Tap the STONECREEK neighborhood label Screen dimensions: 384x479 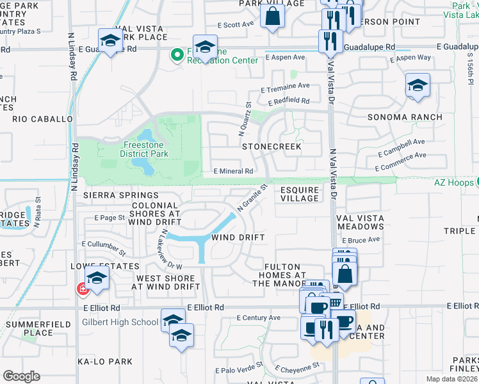click(272, 147)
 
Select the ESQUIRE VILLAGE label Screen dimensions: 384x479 click(300, 194)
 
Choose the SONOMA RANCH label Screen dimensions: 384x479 click(405, 117)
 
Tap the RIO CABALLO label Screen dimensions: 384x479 click(42, 119)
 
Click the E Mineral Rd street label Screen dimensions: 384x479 click(233, 172)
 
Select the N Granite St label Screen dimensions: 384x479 click(252, 198)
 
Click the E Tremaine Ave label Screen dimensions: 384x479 click(285, 86)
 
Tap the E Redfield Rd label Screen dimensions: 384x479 click(289, 101)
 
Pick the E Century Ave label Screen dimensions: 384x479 click(258, 317)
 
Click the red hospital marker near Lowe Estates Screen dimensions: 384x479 click(83, 290)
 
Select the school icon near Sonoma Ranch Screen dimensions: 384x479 click(418, 85)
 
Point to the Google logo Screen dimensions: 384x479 click(21, 376)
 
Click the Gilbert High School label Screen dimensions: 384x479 click(120, 322)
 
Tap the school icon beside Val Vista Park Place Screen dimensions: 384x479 click(111, 40)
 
